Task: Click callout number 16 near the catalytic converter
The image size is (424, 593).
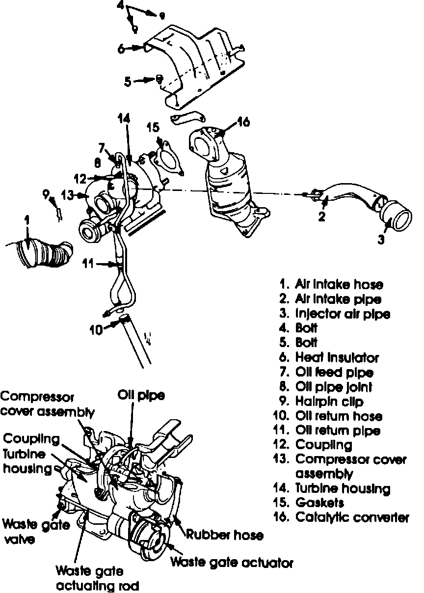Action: click(x=243, y=121)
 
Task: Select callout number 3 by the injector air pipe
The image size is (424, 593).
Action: click(x=381, y=240)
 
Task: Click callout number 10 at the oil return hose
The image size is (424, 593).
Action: click(x=97, y=330)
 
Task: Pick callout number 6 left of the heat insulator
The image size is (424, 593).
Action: click(x=121, y=48)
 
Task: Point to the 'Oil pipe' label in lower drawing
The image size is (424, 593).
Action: click(x=141, y=395)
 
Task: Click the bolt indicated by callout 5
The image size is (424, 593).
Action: click(x=159, y=79)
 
